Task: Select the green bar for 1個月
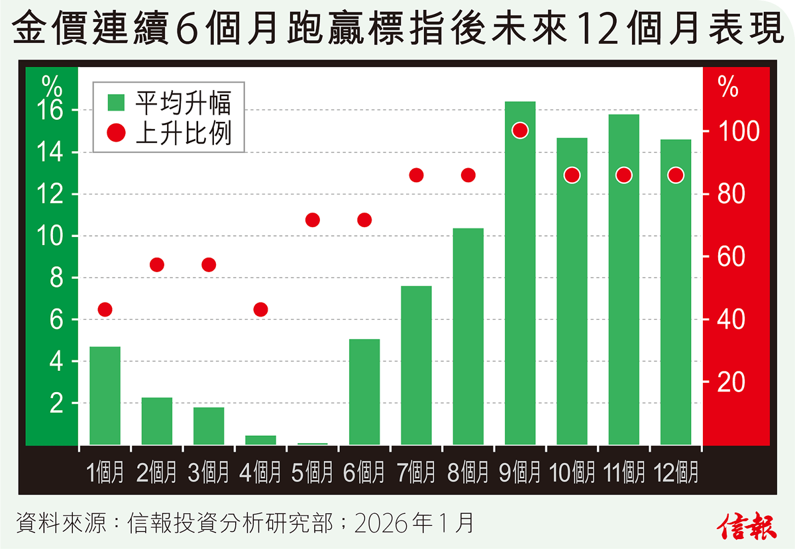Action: [x=105, y=395]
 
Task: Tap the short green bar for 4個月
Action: [x=260, y=440]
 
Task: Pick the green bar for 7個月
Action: [x=416, y=365]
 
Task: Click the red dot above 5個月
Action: [x=313, y=220]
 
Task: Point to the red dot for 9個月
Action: [x=520, y=130]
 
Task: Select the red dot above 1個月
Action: [x=105, y=309]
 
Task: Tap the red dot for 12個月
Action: [x=676, y=175]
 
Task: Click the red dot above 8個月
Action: [x=468, y=175]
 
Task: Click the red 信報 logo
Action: [x=747, y=524]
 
